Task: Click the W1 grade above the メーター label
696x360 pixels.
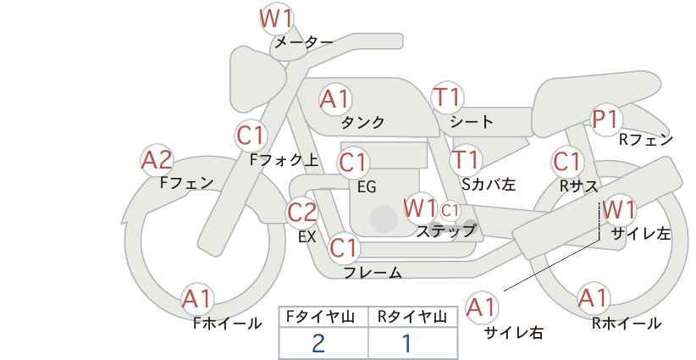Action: [x=277, y=19]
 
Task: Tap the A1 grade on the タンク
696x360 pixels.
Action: [x=335, y=100]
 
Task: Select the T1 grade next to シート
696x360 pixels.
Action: [x=447, y=97]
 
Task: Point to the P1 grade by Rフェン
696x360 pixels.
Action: [x=605, y=119]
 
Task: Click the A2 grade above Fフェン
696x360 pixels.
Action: [x=157, y=161]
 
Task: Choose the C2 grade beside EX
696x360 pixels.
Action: [x=302, y=213]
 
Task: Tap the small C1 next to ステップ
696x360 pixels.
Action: [x=450, y=210]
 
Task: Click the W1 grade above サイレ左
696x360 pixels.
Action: [x=619, y=210]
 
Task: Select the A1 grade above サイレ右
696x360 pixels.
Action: [x=482, y=307]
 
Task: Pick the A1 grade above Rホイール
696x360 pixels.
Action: [x=593, y=298]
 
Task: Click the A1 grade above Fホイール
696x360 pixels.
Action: [x=196, y=299]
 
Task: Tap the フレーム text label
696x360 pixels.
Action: [x=373, y=273]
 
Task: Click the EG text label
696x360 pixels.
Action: [x=367, y=187]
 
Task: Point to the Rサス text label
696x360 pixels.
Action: [x=579, y=187]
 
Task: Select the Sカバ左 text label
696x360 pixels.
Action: [x=489, y=184]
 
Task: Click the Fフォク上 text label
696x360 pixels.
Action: [x=284, y=160]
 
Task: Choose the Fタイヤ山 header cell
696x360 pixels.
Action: [x=323, y=317]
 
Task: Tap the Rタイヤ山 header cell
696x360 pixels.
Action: [x=413, y=317]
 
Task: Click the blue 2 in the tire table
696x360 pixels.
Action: [x=318, y=343]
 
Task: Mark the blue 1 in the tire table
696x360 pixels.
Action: [x=406, y=343]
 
